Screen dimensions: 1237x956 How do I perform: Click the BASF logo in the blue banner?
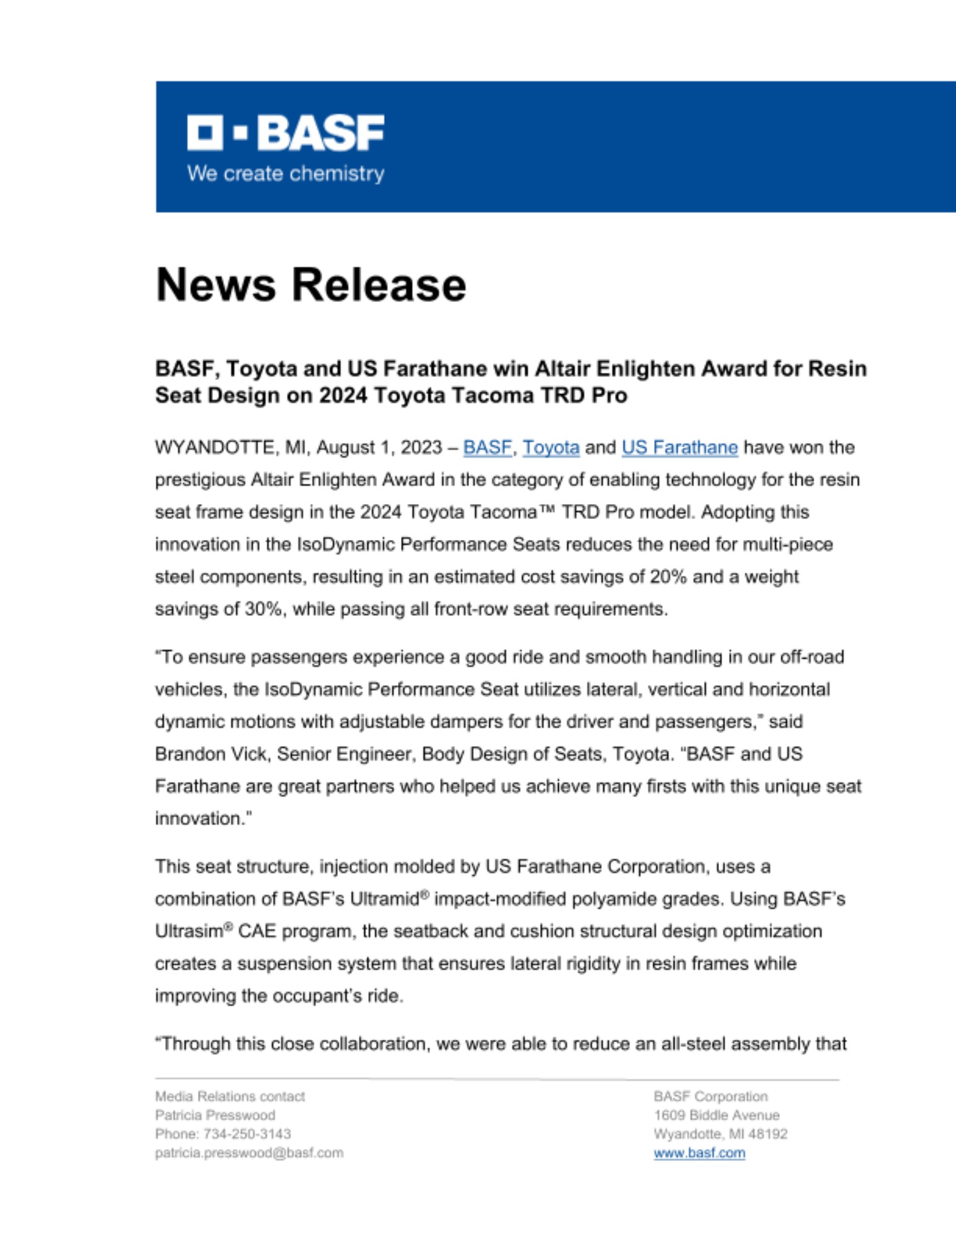[285, 132]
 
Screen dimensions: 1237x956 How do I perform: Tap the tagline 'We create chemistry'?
[285, 174]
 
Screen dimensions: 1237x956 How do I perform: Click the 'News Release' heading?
[311, 285]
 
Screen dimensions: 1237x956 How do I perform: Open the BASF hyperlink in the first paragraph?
[487, 447]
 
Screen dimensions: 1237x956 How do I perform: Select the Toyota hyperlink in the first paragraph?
[551, 447]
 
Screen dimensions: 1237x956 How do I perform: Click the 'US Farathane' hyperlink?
[679, 447]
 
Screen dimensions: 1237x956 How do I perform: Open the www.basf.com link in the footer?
[699, 1153]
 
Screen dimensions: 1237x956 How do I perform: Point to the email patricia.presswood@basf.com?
[249, 1153]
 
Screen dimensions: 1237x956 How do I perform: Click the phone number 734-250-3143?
[247, 1134]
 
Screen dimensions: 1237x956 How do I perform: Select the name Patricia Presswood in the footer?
[215, 1115]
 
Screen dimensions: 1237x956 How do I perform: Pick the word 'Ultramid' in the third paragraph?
[384, 899]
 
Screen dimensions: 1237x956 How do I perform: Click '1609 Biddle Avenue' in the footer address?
[716, 1115]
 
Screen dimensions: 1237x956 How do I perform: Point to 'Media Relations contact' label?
[230, 1097]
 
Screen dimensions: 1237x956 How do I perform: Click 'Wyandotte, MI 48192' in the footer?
[720, 1134]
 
